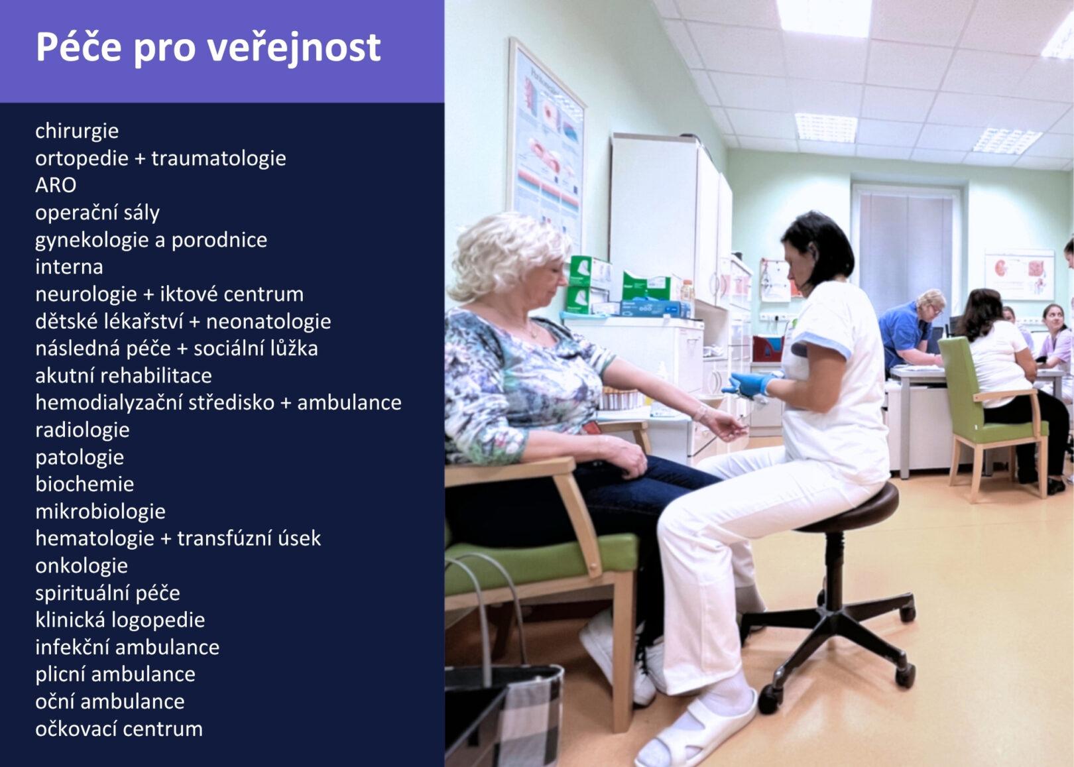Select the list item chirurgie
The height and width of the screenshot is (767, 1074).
pos(77,131)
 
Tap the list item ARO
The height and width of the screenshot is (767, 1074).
pos(56,185)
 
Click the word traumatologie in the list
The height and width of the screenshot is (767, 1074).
pos(219,158)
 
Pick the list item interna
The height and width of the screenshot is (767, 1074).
pos(69,267)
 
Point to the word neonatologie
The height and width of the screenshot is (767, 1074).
pos(268,322)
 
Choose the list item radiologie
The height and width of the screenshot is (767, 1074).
pos(82,430)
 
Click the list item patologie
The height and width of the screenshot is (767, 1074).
pos(80,458)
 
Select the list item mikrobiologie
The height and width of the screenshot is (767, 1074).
pos(100,512)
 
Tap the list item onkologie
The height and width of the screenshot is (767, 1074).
pos(82,566)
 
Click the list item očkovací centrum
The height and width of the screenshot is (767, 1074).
pos(119,729)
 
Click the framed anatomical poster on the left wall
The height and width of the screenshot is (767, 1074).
pos(546,144)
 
